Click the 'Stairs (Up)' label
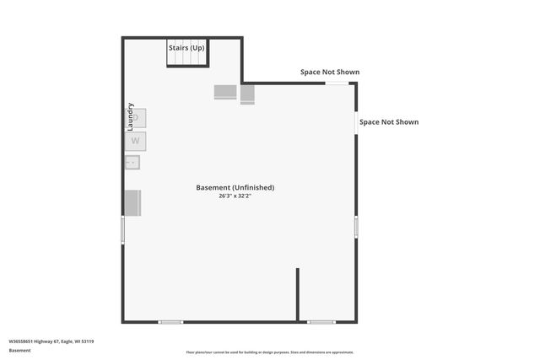tap(186, 48)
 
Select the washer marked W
tap(135, 141)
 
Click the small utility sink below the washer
tap(132, 162)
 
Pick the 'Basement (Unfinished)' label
tap(235, 187)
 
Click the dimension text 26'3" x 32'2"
tap(235, 196)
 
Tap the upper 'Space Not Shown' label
tap(330, 72)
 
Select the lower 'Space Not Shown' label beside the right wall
tap(389, 122)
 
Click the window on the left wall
tap(123, 228)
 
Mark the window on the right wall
tap(356, 226)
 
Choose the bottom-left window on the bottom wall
tap(170, 321)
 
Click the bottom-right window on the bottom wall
tap(321, 321)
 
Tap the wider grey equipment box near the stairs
tap(225, 92)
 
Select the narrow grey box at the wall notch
tap(247, 94)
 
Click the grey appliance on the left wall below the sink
tap(132, 202)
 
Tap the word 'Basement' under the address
tap(19, 350)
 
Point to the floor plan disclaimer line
tap(270, 352)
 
